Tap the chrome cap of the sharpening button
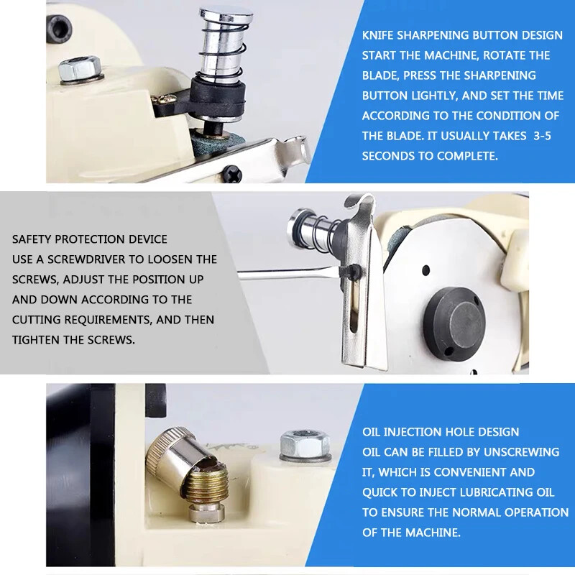(x=226, y=16)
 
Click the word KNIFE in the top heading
(x=378, y=35)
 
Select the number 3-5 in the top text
(x=542, y=136)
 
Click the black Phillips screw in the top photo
(x=231, y=173)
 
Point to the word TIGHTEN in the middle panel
(x=35, y=340)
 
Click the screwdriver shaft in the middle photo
(x=289, y=272)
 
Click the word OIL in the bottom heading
(x=371, y=432)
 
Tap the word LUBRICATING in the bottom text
(x=489, y=492)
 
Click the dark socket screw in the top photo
(x=60, y=28)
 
